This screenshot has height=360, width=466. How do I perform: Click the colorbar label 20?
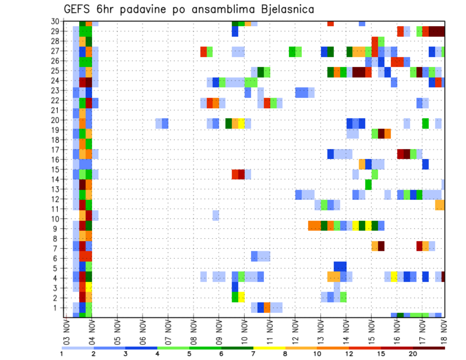pos(413,354)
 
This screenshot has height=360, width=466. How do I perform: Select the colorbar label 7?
pos(253,354)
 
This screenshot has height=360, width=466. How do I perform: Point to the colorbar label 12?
pos(349,354)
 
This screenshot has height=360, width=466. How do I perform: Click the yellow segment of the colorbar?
pos(269,347)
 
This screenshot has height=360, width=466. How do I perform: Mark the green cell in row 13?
pos(368,184)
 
